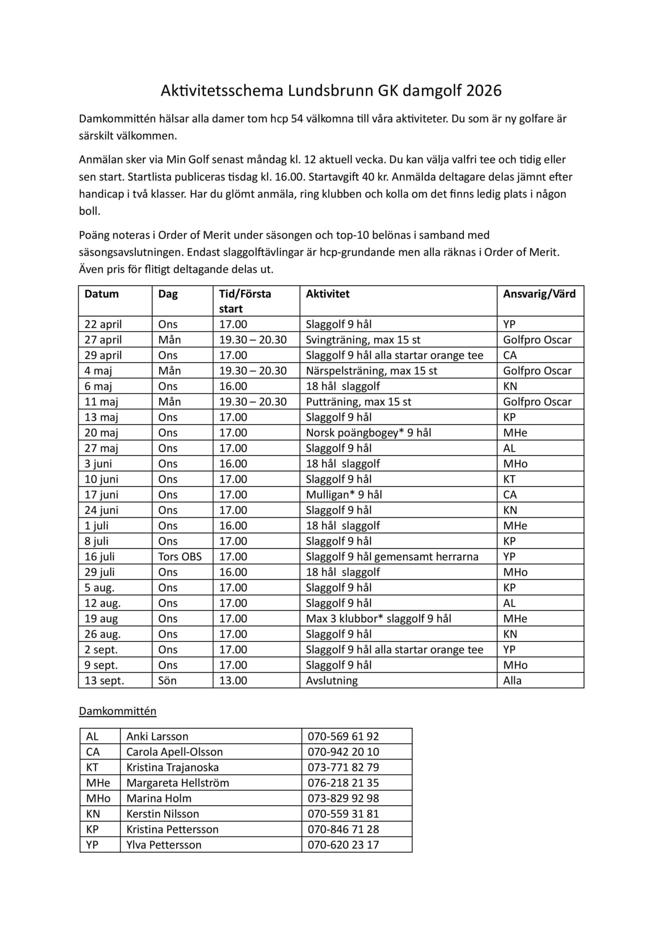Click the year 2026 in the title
(x=483, y=91)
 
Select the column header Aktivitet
(x=328, y=294)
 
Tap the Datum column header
(x=102, y=294)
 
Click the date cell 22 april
(x=103, y=324)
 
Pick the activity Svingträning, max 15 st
(x=363, y=340)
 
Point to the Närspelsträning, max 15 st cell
(x=371, y=370)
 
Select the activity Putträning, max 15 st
(x=358, y=402)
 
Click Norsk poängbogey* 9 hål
(x=368, y=432)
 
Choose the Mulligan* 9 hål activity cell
(x=344, y=494)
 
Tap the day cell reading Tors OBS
(x=180, y=556)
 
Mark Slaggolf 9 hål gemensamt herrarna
(x=392, y=556)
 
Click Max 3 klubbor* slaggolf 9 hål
(x=378, y=618)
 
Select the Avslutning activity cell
(x=331, y=680)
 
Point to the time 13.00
(x=233, y=680)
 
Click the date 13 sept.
(x=104, y=680)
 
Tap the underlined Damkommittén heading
(x=118, y=711)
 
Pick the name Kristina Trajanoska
(x=172, y=767)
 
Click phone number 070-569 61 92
(x=343, y=736)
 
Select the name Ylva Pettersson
(x=164, y=845)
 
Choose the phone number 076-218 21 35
(x=343, y=783)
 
